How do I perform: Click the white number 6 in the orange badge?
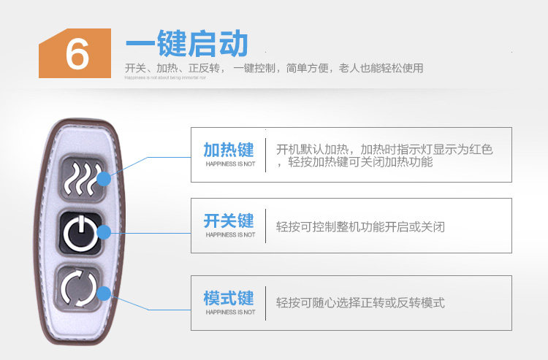click(x=76, y=53)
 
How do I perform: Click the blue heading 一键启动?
click(x=186, y=44)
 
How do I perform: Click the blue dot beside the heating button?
click(x=104, y=177)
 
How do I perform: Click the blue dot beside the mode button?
click(x=104, y=294)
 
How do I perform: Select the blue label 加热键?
click(x=229, y=150)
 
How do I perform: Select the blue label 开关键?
click(x=229, y=221)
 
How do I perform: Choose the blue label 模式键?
click(x=229, y=298)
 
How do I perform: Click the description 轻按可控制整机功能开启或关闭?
click(x=360, y=227)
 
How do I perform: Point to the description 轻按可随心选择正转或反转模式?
click(x=360, y=302)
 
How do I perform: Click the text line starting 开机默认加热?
click(x=384, y=150)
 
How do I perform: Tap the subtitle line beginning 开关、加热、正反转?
click(x=274, y=69)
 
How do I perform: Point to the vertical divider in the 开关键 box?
click(x=265, y=226)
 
